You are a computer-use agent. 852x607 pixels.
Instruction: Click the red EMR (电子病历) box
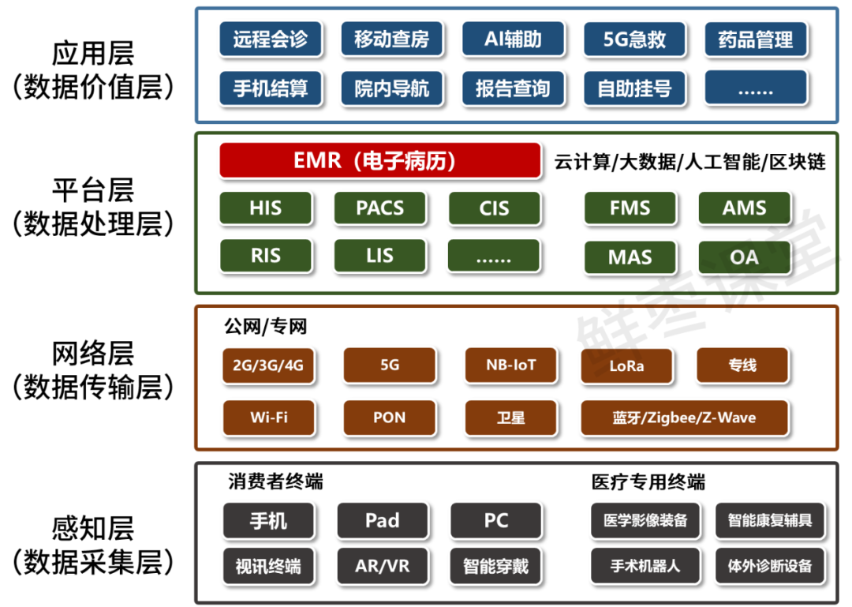point(379,161)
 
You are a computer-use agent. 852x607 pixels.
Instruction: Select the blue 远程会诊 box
point(270,39)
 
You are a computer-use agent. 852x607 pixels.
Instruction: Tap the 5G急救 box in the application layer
point(634,39)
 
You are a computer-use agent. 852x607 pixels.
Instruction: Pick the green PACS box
point(380,208)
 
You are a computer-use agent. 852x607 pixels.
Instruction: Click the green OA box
point(744,257)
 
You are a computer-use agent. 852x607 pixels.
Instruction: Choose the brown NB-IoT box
point(511,365)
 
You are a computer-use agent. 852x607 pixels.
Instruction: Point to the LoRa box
point(626,366)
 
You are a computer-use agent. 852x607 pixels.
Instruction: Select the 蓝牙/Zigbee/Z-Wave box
point(684,418)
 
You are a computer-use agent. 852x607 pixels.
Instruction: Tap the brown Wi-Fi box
point(269,418)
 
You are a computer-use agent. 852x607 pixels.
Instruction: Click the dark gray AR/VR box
point(383,565)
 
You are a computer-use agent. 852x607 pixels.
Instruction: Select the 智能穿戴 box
point(496,565)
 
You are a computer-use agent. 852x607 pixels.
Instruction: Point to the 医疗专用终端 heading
point(648,481)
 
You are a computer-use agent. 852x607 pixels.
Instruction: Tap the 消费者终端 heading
point(275,481)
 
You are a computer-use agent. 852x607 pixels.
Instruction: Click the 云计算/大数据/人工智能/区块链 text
point(689,162)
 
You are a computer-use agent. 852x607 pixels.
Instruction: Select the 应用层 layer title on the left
point(93,54)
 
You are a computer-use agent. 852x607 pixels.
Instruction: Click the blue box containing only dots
point(756,88)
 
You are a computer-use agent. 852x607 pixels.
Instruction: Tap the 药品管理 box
point(756,39)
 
